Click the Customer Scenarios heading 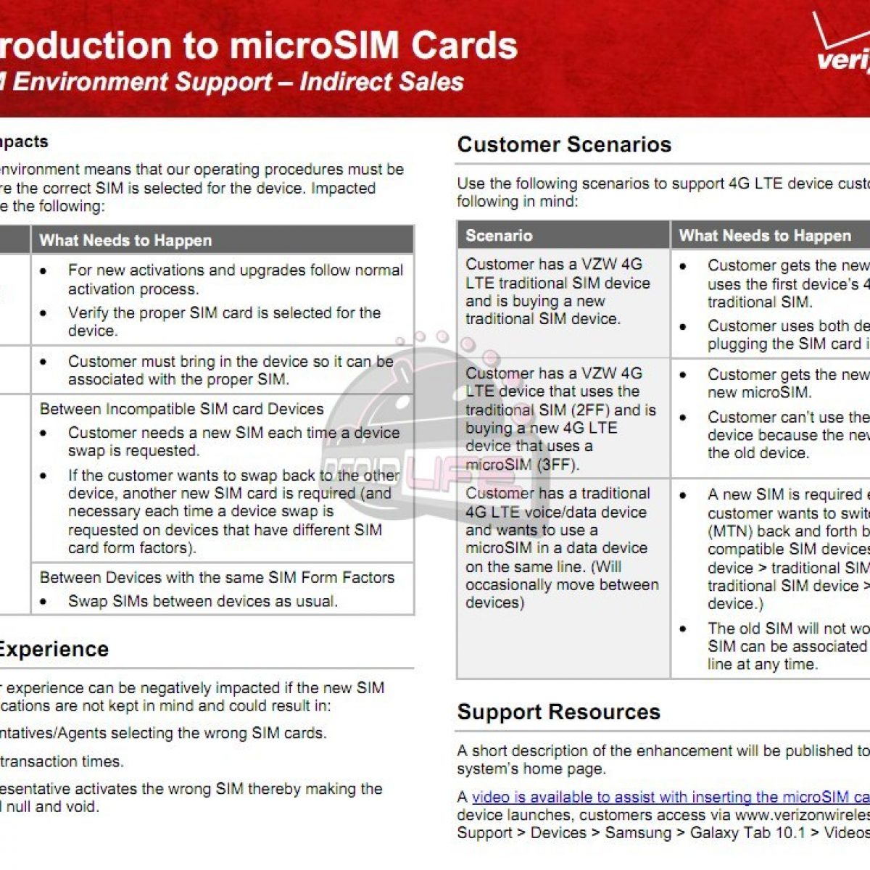click(564, 145)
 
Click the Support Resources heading click(558, 712)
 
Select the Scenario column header click(499, 236)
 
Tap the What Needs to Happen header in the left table click(125, 241)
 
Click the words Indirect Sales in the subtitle click(381, 81)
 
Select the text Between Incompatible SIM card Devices click(181, 409)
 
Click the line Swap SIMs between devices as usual click(202, 601)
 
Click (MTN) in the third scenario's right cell click(729, 531)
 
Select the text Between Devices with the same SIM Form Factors click(217, 578)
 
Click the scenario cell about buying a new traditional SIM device click(558, 291)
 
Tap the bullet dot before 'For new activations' click(44, 270)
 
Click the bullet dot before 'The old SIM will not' click(683, 629)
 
